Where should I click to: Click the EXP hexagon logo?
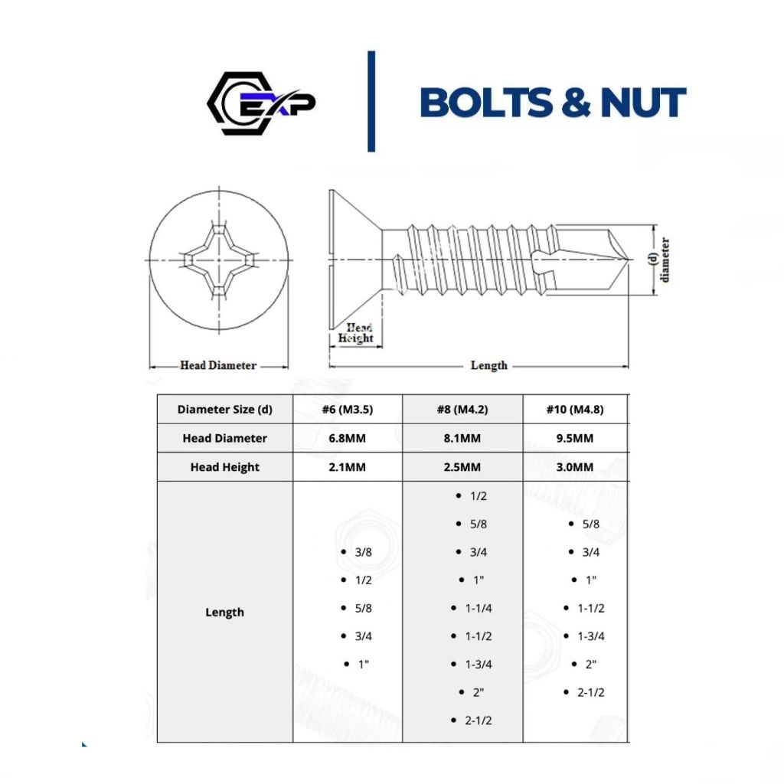(260, 103)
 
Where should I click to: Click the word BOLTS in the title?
(486, 103)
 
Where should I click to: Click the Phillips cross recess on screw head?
(219, 260)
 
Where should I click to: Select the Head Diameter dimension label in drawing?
(218, 365)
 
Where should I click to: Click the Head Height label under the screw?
(355, 333)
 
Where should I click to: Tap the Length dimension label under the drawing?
(489, 365)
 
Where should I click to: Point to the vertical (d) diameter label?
(659, 260)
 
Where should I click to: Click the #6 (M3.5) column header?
(348, 410)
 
